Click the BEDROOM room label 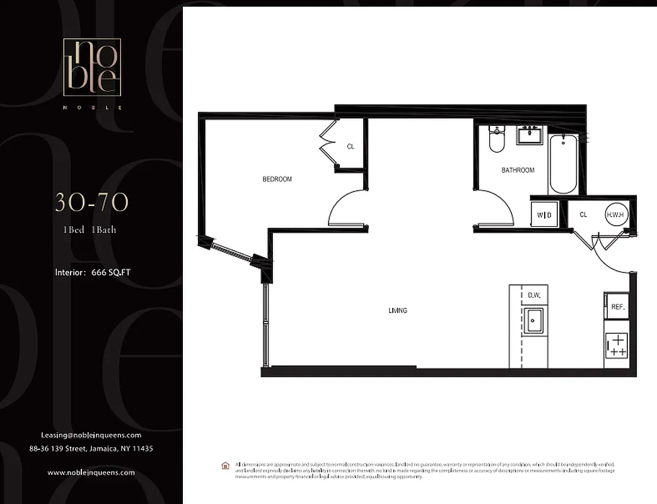[x=277, y=180]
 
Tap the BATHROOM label [x=518, y=170]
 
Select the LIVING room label [x=398, y=311]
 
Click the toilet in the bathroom [x=497, y=140]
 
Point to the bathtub [x=562, y=164]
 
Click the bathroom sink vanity [x=530, y=135]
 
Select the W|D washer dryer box [x=545, y=215]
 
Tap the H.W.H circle [x=616, y=215]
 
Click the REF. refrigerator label [x=617, y=307]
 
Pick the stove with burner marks [x=616, y=346]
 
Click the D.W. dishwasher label [x=534, y=295]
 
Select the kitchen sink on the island [x=534, y=321]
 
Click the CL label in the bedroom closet [x=351, y=147]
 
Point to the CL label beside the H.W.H [x=583, y=215]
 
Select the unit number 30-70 [x=91, y=202]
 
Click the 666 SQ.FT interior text [x=93, y=273]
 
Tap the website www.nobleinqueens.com [x=91, y=472]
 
